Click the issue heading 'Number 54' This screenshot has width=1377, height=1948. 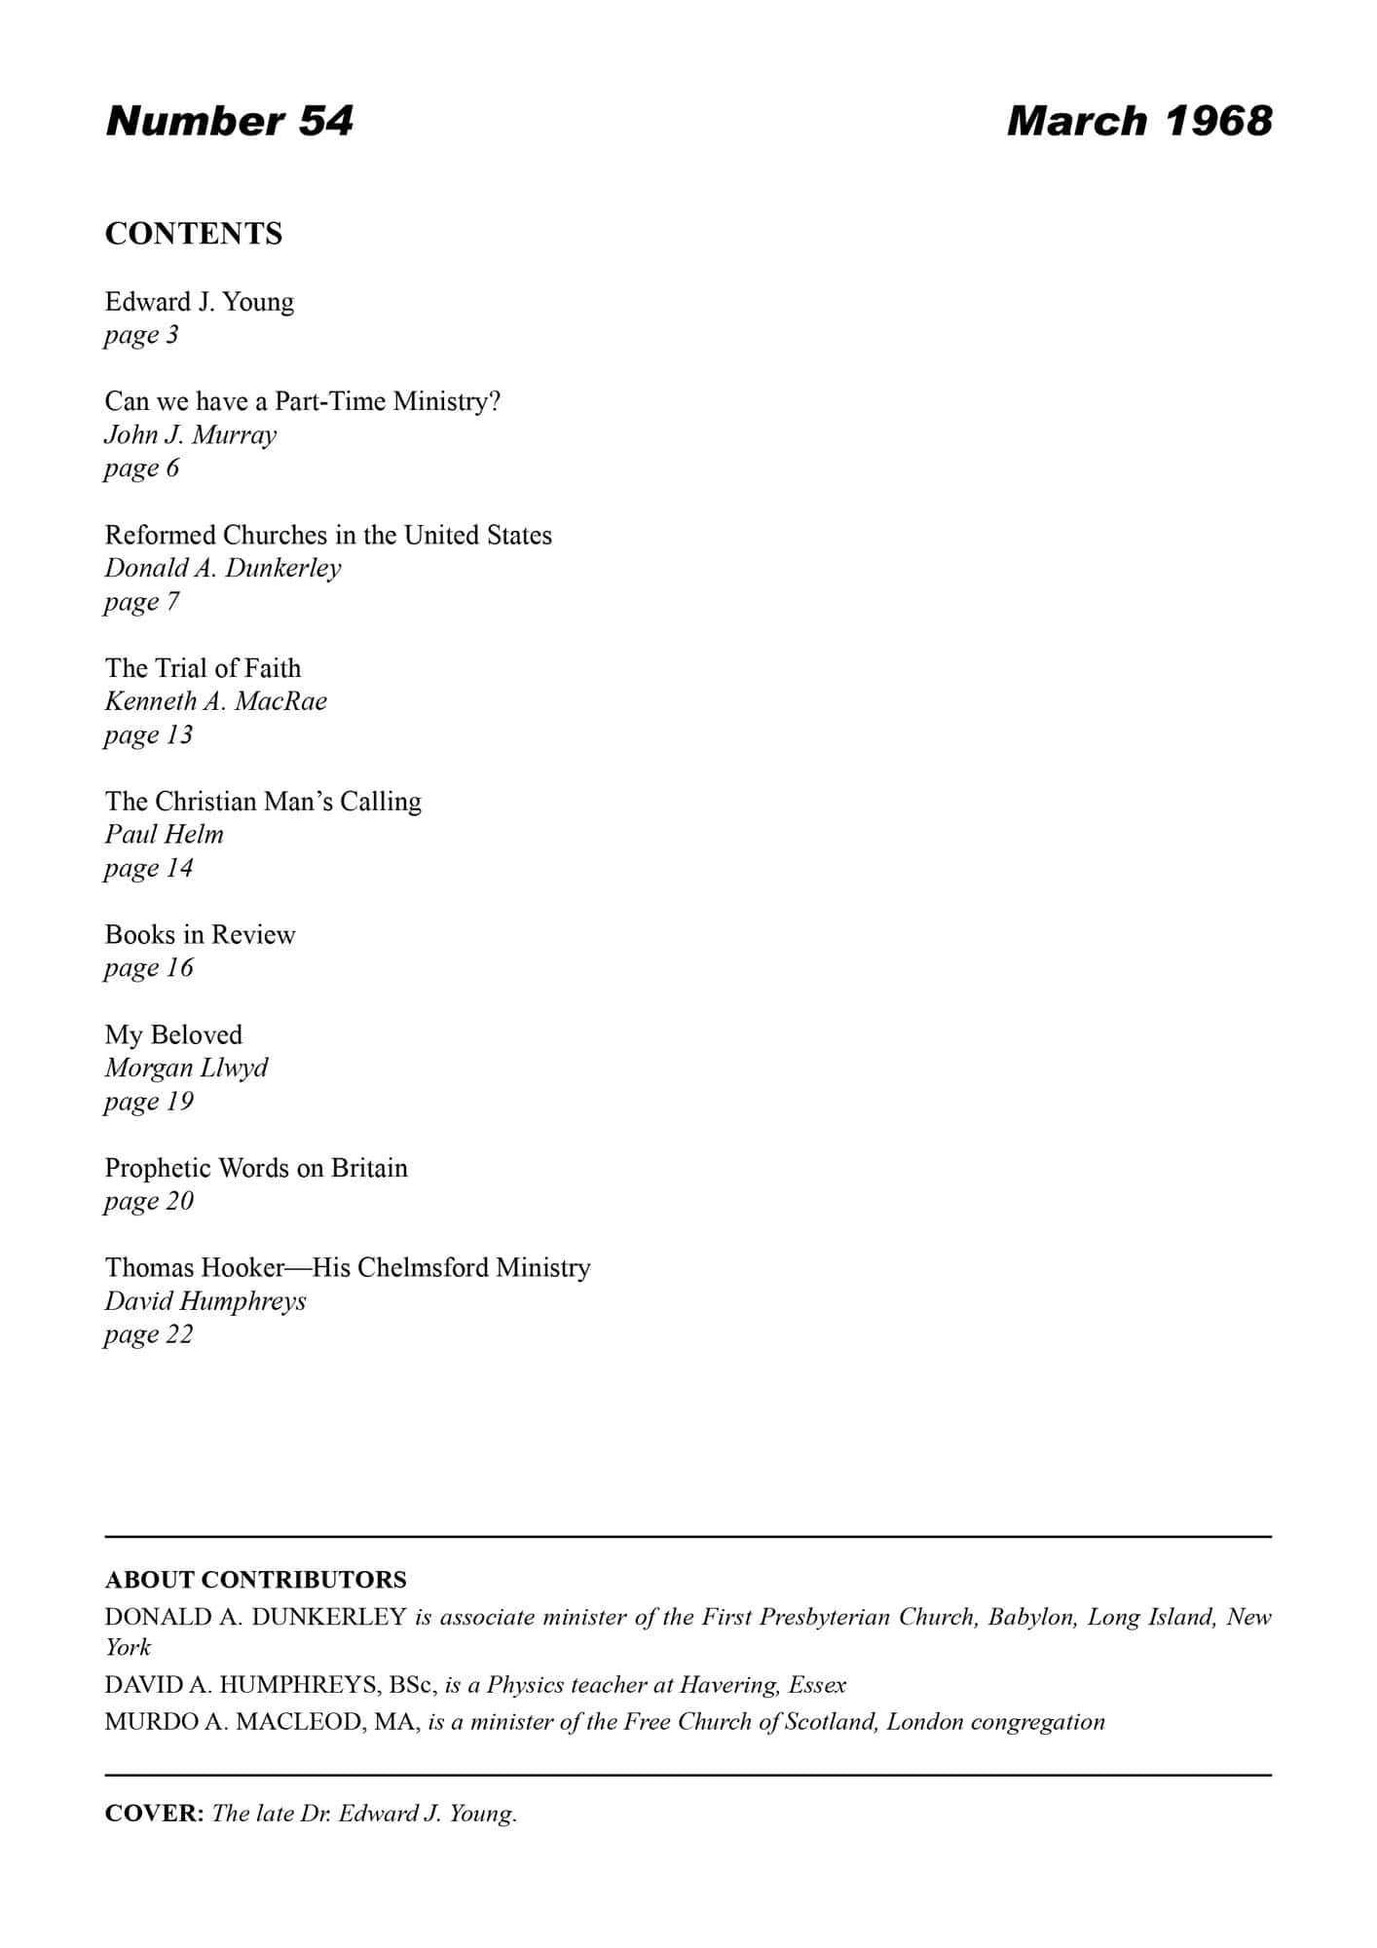229,121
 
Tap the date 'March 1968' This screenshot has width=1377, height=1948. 1138,121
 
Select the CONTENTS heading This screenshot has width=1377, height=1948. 194,234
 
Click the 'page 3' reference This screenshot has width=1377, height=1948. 141,335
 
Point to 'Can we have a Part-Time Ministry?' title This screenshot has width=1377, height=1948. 302,401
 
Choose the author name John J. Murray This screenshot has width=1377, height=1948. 190,434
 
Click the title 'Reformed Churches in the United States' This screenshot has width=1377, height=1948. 328,535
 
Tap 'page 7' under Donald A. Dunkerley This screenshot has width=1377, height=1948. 141,602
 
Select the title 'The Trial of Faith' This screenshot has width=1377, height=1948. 203,668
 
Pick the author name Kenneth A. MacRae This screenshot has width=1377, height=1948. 215,701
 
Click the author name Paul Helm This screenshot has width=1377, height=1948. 164,835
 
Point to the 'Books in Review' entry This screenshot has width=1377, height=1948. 200,935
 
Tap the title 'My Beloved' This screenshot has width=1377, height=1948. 173,1034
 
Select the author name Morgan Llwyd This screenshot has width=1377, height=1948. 186,1068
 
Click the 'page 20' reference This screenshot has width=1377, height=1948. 148,1201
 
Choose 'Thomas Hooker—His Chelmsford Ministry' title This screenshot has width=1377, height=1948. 348,1267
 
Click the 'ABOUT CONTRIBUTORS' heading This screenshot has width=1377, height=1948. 255,1580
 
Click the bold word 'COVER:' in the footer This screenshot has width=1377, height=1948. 154,1814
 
